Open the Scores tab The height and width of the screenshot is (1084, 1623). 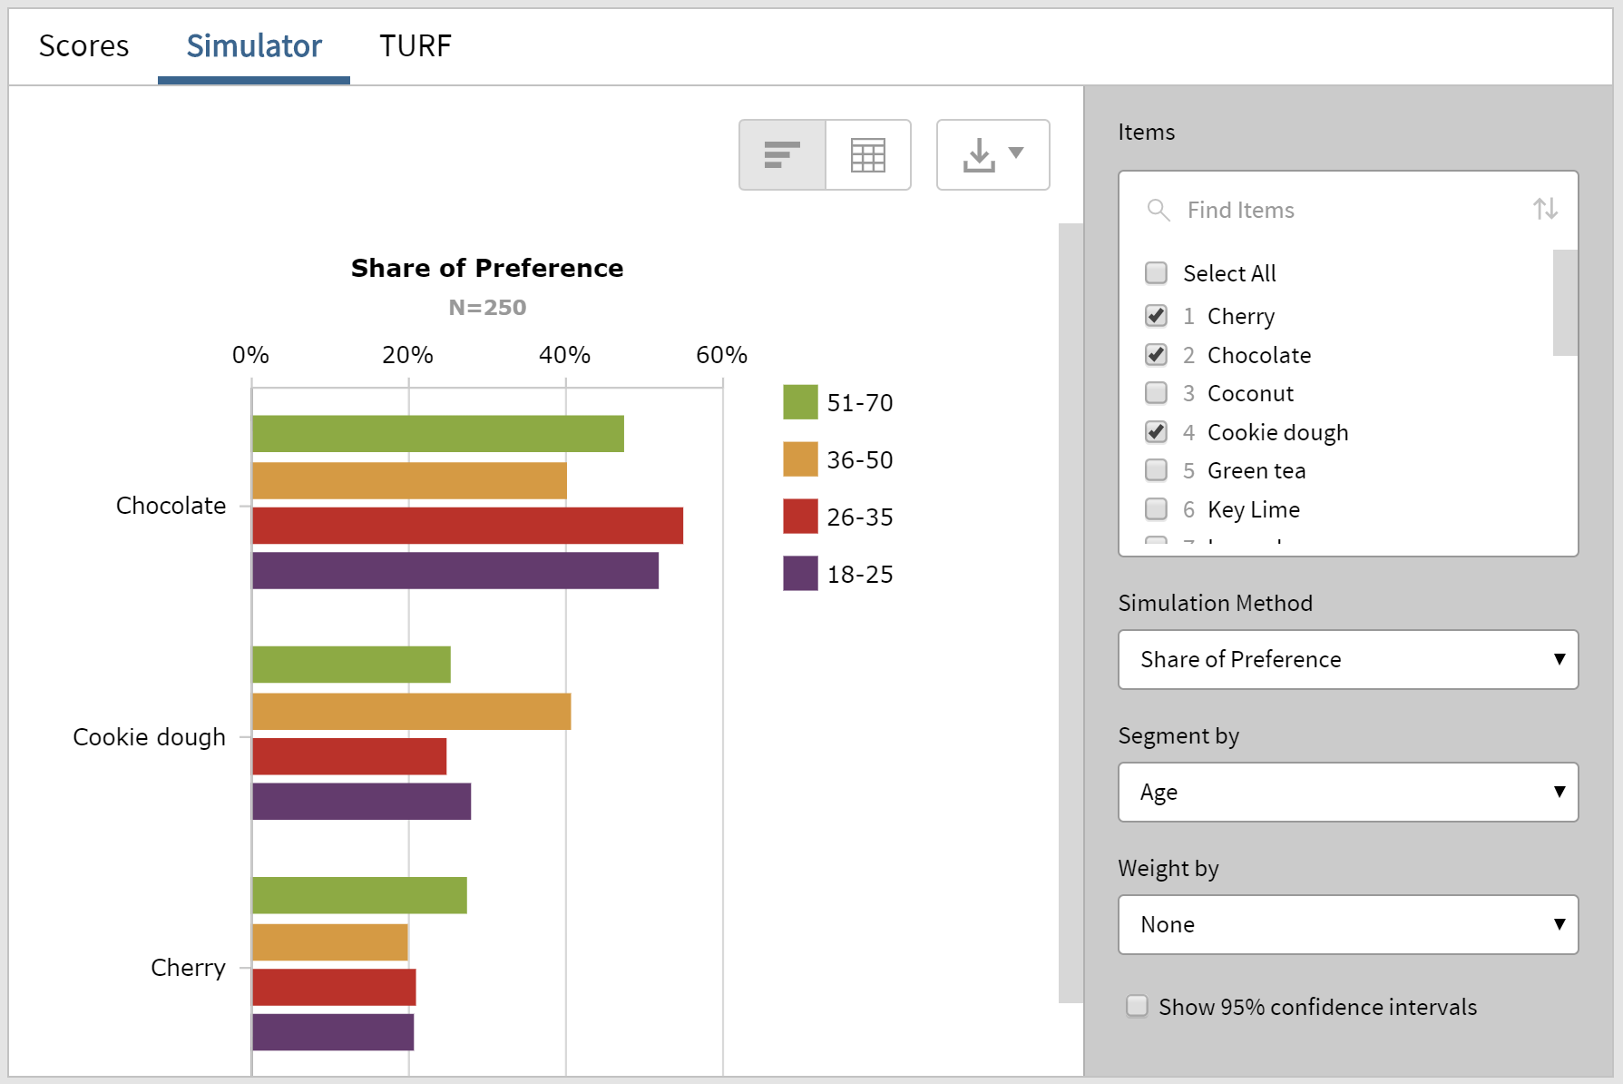(84, 45)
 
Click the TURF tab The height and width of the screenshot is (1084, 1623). (415, 45)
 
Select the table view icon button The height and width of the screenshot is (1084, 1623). (867, 155)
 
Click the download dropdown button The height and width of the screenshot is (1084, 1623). (992, 155)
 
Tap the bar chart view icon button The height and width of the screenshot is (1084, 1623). (782, 155)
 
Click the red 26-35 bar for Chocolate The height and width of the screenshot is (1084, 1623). (467, 526)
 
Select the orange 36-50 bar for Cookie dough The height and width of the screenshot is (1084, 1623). (411, 712)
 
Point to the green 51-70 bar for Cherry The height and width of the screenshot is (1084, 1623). (359, 895)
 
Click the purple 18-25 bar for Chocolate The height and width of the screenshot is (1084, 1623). (455, 571)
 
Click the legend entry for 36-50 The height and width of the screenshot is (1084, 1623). (858, 460)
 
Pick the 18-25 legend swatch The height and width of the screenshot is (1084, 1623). (800, 574)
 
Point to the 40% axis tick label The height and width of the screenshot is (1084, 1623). (564, 355)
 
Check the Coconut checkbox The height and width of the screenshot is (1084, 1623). (1156, 393)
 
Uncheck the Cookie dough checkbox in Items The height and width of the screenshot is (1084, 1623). (1156, 432)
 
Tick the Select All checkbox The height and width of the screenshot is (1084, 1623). (1156, 273)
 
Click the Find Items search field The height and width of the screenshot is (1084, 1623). (1343, 210)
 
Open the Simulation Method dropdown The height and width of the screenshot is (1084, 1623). (1347, 659)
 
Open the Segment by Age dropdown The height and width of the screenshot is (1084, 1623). (1347, 792)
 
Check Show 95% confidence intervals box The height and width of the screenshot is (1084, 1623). (1137, 1006)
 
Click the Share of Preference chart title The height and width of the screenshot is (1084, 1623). (487, 268)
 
